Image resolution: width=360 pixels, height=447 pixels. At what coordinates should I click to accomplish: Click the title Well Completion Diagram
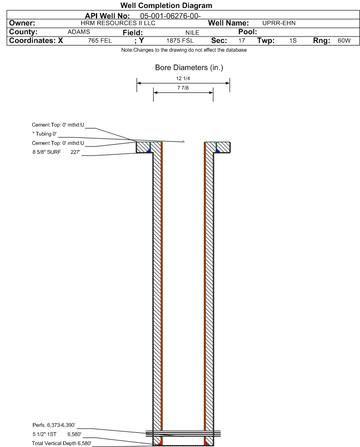click(x=166, y=5)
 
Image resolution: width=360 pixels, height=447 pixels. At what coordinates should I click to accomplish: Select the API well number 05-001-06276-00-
click(x=170, y=16)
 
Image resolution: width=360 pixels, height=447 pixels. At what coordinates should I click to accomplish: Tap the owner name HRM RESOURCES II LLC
click(x=118, y=23)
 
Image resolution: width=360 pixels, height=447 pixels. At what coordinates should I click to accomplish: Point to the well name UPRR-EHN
click(x=279, y=23)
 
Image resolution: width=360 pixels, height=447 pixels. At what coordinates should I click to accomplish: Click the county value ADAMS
click(x=79, y=32)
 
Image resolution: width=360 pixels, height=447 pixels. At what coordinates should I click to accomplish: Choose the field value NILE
click(x=192, y=33)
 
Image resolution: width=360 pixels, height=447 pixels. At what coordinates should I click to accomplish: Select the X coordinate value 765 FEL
click(x=100, y=41)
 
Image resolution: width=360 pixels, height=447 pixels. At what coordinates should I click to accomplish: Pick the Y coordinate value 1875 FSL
click(x=180, y=41)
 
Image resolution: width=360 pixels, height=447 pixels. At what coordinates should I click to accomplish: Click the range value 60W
click(x=344, y=41)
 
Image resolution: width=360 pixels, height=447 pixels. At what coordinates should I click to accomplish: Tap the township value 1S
click(x=293, y=41)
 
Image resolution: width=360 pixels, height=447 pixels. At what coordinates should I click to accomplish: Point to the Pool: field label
click(x=248, y=32)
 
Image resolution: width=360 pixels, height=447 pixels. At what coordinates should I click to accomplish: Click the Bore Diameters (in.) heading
click(x=189, y=68)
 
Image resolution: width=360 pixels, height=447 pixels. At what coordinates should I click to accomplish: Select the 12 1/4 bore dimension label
click(x=183, y=78)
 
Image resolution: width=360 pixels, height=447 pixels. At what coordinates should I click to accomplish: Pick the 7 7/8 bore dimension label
click(x=183, y=88)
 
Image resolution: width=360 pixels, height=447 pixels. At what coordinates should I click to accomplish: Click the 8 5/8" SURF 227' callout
click(x=56, y=152)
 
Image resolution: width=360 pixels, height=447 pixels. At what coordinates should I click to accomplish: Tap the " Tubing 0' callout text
click(x=45, y=134)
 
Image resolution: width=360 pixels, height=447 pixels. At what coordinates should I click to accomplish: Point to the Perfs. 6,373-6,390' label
click(x=54, y=425)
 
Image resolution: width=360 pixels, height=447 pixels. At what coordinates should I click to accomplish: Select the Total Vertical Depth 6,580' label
click(x=62, y=443)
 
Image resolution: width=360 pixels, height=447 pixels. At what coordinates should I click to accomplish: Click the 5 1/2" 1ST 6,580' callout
click(x=57, y=434)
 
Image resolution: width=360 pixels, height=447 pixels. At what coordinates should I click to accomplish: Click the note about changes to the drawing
click(x=184, y=50)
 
